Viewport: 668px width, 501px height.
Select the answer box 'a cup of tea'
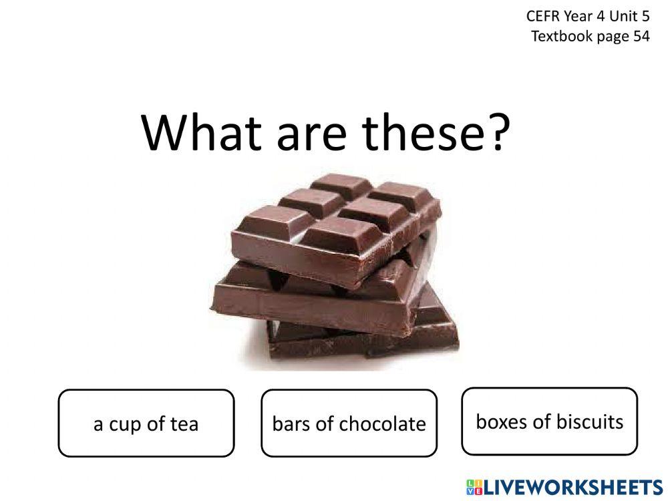coord(146,423)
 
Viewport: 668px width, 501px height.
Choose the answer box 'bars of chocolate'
coord(349,423)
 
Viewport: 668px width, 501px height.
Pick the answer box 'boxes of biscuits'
coord(550,421)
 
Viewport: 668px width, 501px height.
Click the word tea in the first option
coord(184,424)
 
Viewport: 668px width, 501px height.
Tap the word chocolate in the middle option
coord(382,424)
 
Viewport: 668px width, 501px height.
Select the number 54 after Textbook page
coord(641,36)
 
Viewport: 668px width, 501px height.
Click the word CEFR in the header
coord(542,16)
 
